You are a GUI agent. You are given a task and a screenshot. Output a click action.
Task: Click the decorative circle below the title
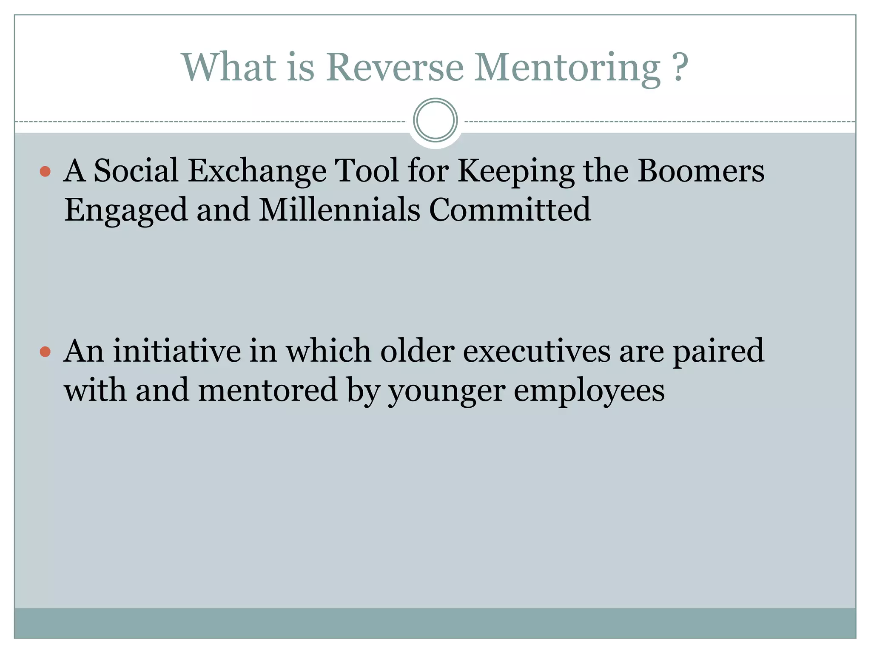pyautogui.click(x=435, y=120)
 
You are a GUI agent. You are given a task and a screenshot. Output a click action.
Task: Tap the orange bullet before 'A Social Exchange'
pyautogui.click(x=45, y=172)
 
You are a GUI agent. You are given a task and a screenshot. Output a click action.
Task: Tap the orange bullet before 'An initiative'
pyautogui.click(x=45, y=352)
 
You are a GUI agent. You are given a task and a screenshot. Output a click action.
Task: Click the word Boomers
pyautogui.click(x=700, y=171)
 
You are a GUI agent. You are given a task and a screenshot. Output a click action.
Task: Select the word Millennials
pyautogui.click(x=339, y=210)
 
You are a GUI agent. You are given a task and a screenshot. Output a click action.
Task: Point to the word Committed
pyautogui.click(x=510, y=210)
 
